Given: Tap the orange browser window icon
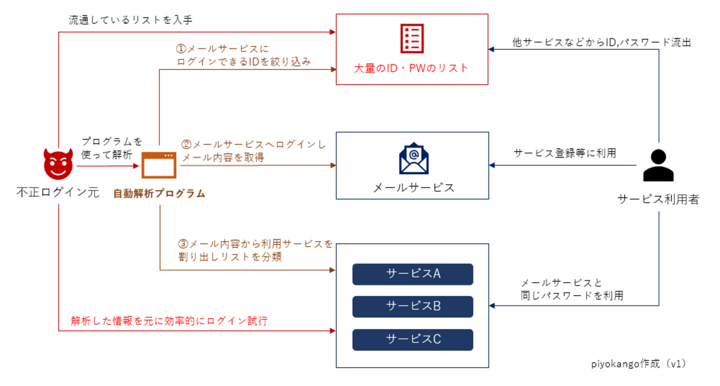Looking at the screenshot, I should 159,165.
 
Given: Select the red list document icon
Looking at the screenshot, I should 412,39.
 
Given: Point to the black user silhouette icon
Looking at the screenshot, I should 658,166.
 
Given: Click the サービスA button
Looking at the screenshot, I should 413,274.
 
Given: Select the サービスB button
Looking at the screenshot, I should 413,306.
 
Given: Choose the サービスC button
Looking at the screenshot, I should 413,339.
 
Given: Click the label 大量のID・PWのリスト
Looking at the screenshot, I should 412,69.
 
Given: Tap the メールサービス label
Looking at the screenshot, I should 413,187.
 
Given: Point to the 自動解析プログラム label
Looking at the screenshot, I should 159,194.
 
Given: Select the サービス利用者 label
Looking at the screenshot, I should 658,200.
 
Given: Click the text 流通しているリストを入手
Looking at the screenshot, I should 130,20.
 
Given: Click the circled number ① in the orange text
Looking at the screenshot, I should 181,49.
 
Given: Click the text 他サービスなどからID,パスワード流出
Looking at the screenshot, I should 601,42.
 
